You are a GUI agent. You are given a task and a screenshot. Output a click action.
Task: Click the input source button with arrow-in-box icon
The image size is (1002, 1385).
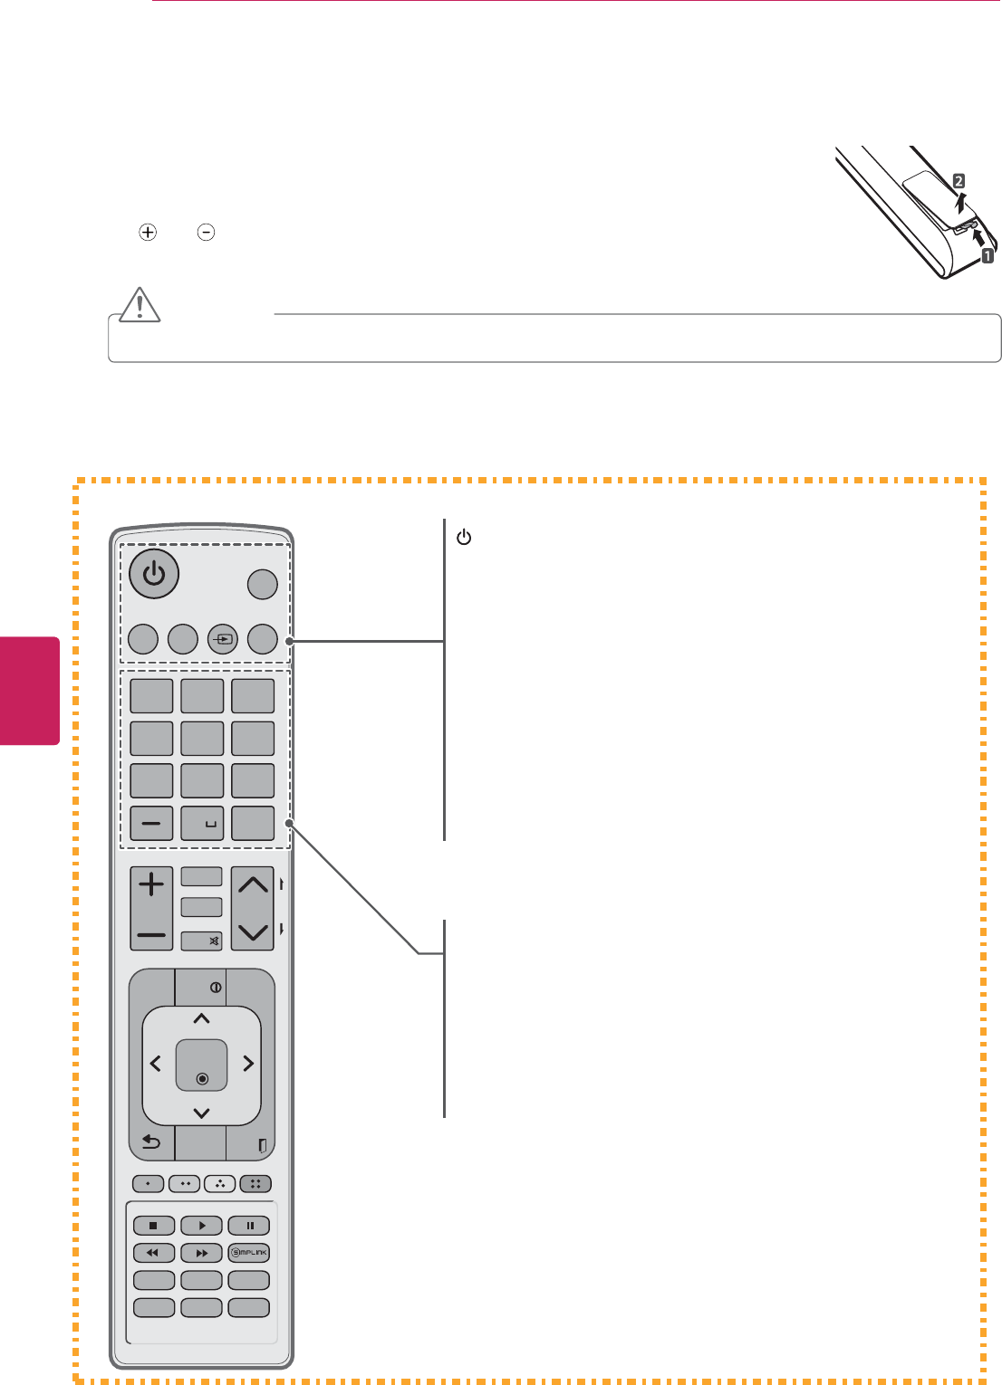coord(223,638)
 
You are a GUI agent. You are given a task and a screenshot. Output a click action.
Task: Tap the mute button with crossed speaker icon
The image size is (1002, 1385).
coord(201,941)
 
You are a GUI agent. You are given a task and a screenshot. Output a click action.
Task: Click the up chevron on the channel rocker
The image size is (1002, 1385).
coord(253,885)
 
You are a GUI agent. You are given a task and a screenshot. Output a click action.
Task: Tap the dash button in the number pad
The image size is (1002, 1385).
coord(151,824)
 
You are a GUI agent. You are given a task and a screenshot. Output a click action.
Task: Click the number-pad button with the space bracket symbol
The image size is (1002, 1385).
coord(202,824)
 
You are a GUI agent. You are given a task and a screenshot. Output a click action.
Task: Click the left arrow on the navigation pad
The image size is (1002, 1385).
coord(156,1065)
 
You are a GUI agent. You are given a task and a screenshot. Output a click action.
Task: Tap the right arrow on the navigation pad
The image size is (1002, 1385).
coord(247,1065)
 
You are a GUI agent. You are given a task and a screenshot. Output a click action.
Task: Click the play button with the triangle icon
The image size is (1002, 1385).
coord(201,1226)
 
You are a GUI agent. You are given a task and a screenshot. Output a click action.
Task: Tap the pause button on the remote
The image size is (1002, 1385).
coord(249,1226)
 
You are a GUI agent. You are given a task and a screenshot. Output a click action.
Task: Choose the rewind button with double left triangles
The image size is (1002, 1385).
coord(153,1254)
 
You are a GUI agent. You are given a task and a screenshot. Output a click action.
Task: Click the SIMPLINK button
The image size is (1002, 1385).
coord(249,1254)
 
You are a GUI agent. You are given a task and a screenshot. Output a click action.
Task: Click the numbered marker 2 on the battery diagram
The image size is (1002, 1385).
coord(958,182)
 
